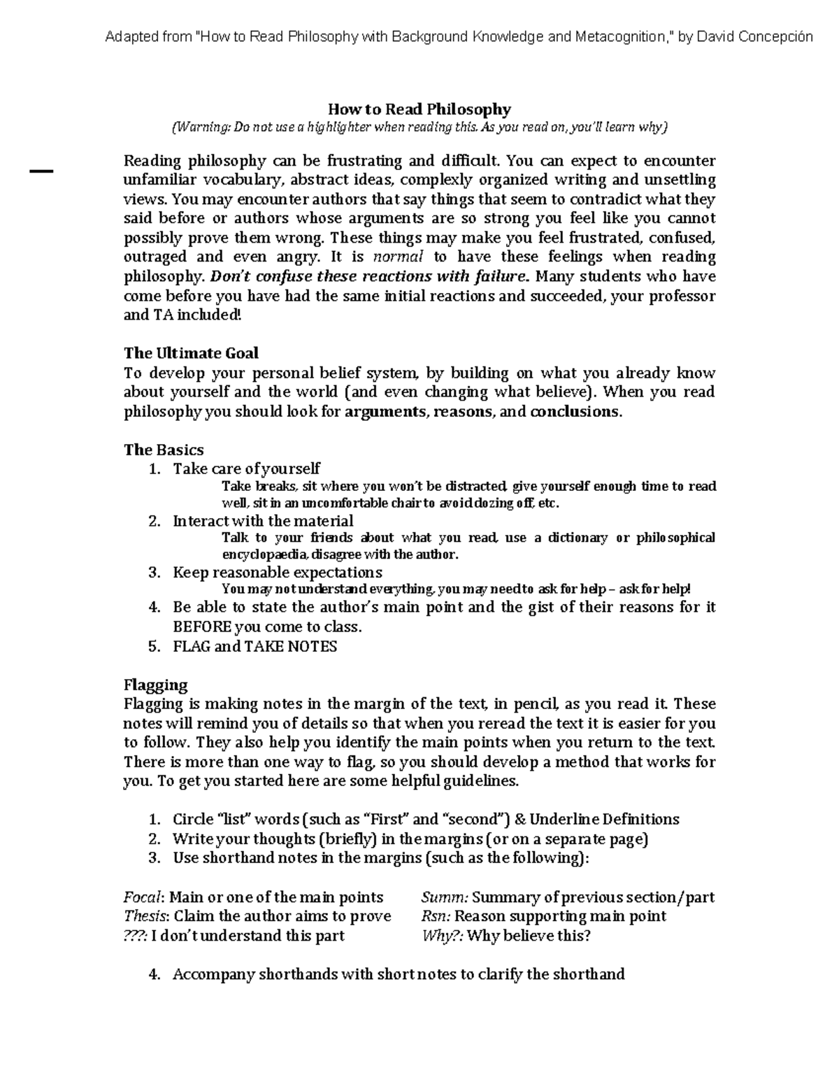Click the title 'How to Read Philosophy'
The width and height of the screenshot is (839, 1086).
[x=419, y=109]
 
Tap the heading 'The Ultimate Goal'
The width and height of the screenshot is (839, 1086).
[x=191, y=352]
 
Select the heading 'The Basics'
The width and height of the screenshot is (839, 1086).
[x=164, y=450]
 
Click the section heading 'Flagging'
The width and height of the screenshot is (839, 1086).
[x=155, y=685]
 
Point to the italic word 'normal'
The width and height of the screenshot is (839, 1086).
[x=399, y=257]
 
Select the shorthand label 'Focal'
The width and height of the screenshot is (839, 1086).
[x=143, y=897]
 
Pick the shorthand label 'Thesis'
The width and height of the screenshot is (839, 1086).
[x=145, y=916]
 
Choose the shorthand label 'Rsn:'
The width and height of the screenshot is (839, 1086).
[x=436, y=916]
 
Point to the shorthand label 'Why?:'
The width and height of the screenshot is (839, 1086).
[x=442, y=936]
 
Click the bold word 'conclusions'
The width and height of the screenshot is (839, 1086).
[x=575, y=411]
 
